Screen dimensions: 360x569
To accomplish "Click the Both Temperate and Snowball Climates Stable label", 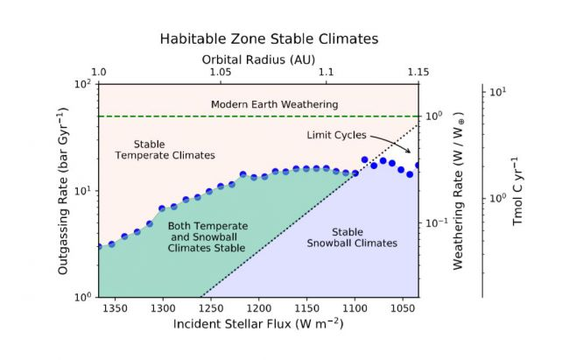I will click(207, 236).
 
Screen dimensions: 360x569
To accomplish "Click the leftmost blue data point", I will click(99, 246).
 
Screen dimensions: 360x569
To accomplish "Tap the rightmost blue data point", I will click(418, 165).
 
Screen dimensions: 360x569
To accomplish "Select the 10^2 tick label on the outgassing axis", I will click(84, 84).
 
